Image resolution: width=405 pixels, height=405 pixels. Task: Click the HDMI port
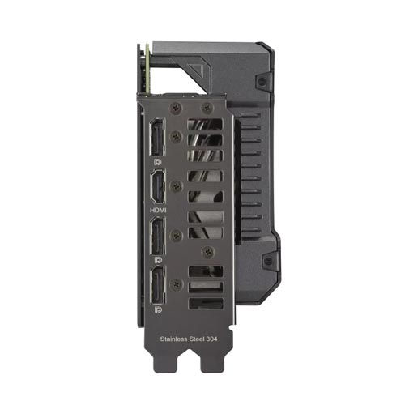(158, 187)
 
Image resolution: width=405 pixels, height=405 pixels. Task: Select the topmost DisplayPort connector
(157, 137)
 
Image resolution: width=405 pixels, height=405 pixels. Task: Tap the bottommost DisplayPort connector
(158, 285)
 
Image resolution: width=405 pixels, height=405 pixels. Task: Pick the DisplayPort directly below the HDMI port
(158, 236)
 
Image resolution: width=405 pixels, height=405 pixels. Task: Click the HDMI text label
(158, 210)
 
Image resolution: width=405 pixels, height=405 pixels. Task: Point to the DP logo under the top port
(158, 162)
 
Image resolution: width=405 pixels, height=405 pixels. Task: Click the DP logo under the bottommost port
(158, 309)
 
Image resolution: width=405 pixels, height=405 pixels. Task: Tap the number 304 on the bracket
(211, 339)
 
